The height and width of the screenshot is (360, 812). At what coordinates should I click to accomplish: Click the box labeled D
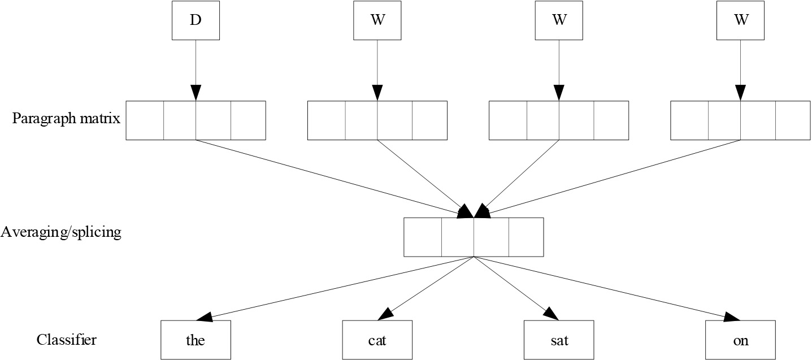coord(196,20)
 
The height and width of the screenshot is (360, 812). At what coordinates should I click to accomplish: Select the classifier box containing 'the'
coord(196,340)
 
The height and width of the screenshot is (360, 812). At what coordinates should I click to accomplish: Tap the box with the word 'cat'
coord(377,340)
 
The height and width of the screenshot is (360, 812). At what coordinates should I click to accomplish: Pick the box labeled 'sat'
coord(559,340)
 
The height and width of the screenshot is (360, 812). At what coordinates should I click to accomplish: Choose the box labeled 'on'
coord(741,340)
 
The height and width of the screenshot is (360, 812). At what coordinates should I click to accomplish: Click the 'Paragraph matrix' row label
coord(66,119)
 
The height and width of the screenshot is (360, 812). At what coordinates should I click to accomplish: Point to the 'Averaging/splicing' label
coord(61,232)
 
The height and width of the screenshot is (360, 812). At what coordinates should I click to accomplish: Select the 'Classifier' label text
coord(67,340)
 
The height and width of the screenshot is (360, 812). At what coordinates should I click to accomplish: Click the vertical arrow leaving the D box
coord(196,70)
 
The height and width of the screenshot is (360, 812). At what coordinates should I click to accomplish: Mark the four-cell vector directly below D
coord(196,120)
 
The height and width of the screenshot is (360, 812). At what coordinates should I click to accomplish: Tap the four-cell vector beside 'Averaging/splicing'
coord(474,237)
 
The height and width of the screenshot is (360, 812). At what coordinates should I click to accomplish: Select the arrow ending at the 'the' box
coord(335,289)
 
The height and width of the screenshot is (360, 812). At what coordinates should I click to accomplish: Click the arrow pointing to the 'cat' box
coord(425,289)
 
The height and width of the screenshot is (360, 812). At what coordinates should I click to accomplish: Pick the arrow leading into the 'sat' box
coord(516,289)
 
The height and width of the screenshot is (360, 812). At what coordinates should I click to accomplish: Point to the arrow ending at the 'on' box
coord(607,289)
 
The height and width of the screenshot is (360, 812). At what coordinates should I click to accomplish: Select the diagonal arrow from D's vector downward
coord(335,179)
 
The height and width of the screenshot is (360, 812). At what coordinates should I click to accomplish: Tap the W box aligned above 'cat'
coord(377,20)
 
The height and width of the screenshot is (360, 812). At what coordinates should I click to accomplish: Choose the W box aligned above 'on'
coord(741,20)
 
